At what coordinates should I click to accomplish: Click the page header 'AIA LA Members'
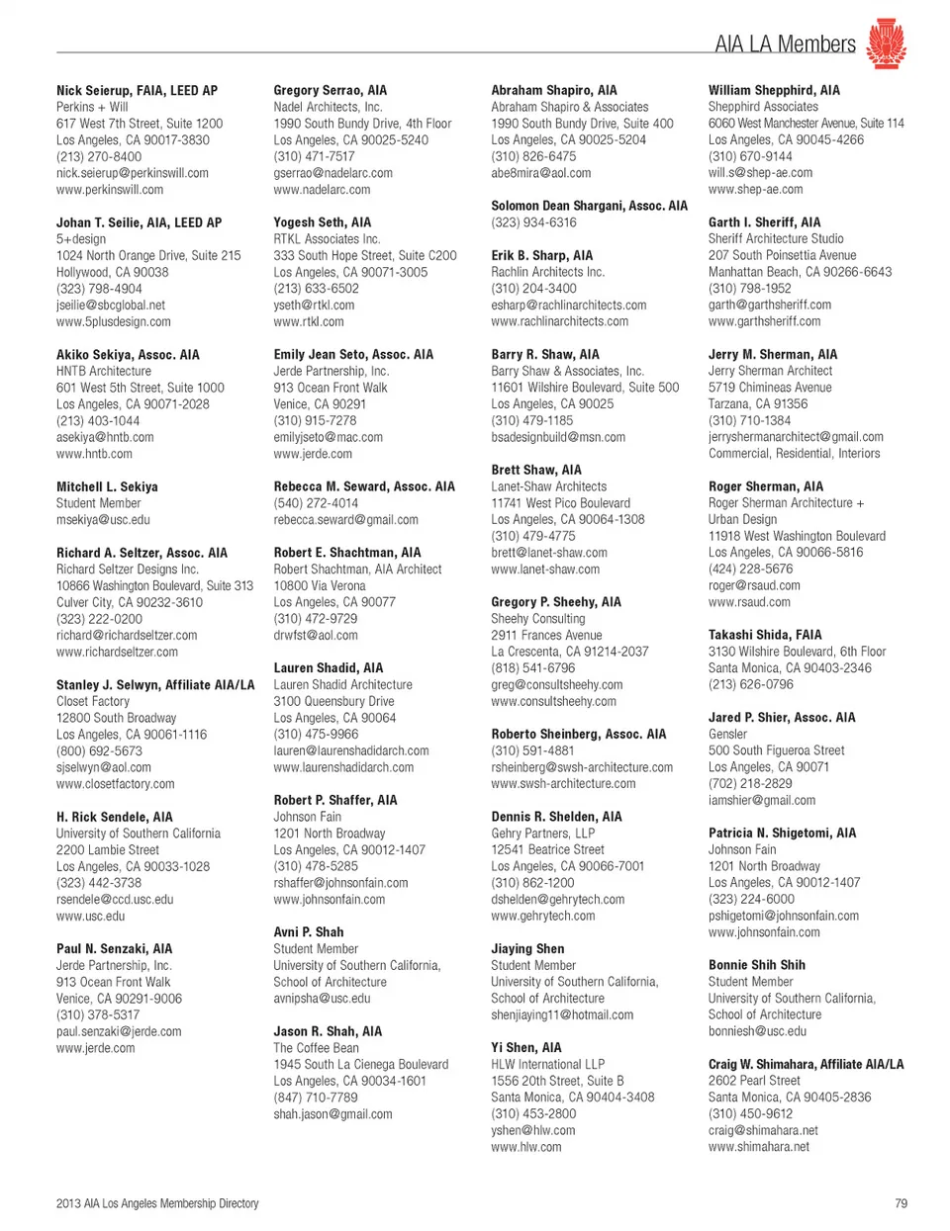[785, 44]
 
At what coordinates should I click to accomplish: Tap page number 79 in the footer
[901, 1203]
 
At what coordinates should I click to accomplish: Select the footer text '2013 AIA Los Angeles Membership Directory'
[157, 1203]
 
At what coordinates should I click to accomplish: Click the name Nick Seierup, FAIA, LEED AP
[137, 90]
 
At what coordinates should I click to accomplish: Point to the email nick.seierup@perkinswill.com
[133, 173]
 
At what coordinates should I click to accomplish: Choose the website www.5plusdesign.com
[114, 321]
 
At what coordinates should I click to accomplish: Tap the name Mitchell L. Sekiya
[107, 486]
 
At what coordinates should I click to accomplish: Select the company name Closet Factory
[93, 701]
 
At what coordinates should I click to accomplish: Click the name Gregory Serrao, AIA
[331, 90]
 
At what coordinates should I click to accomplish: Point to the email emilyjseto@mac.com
[329, 437]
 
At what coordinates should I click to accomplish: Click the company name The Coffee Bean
[317, 1047]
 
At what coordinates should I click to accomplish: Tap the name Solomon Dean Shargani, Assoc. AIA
[589, 206]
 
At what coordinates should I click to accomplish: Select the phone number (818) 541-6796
[533, 667]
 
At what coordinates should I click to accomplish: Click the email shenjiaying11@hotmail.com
[562, 1014]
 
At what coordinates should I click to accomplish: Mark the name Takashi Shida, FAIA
[765, 635]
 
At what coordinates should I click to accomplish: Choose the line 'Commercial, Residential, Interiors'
[794, 453]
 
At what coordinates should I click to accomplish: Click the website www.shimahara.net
[759, 1147]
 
